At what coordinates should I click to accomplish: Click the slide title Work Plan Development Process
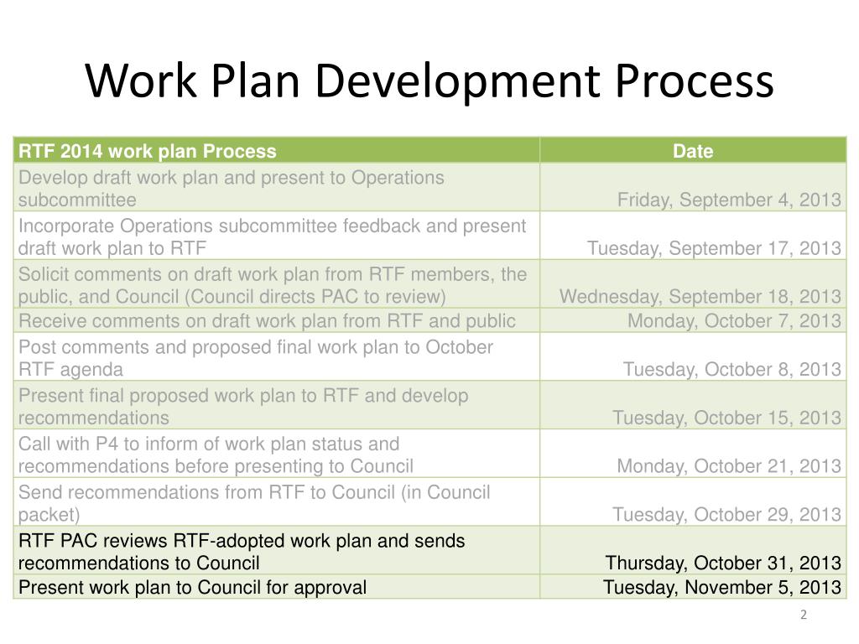tap(429, 81)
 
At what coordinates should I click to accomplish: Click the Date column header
tap(693, 151)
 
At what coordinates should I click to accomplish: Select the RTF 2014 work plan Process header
tap(148, 151)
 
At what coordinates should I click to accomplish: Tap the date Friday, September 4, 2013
tap(729, 200)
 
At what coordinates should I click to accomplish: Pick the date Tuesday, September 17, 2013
tap(714, 248)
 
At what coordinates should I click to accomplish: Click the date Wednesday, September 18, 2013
tap(700, 297)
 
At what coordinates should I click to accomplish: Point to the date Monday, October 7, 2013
tap(734, 320)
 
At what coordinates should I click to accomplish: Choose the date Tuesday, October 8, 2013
tap(732, 369)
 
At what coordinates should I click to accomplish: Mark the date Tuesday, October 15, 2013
tap(726, 418)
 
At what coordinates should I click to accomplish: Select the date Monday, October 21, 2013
tap(729, 466)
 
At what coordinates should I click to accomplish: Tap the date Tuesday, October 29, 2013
tap(726, 515)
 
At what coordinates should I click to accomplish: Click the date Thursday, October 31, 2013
tap(723, 563)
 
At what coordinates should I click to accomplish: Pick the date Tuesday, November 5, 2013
tap(721, 587)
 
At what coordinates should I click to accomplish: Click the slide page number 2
tap(803, 615)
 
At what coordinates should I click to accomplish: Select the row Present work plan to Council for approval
tap(192, 587)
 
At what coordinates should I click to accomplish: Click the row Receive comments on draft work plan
tap(267, 320)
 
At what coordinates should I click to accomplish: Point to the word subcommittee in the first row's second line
tap(77, 200)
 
